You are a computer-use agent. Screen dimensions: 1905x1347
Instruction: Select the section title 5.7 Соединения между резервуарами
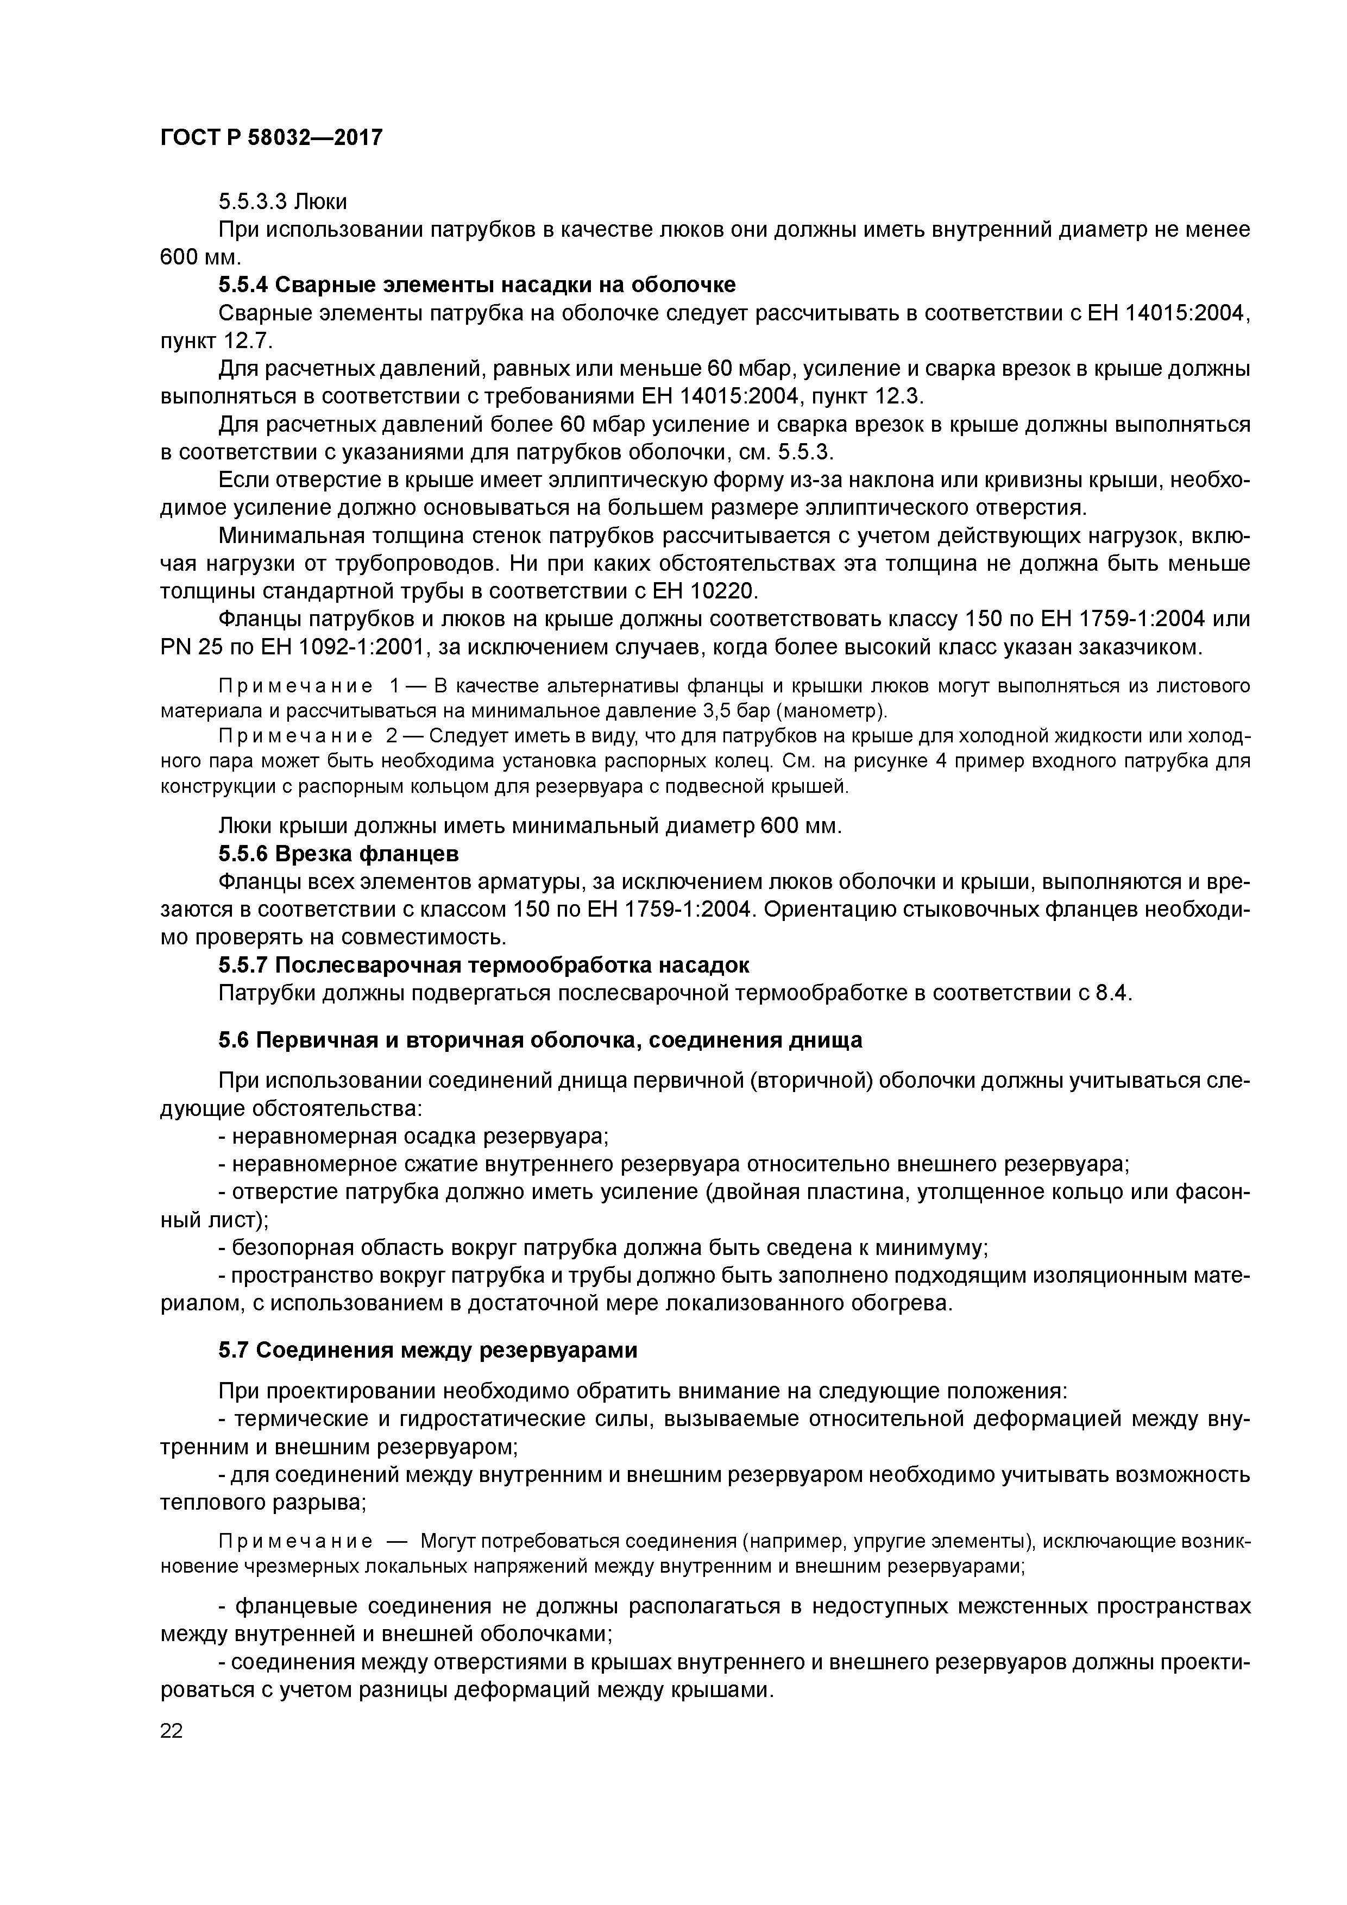click(427, 1350)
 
